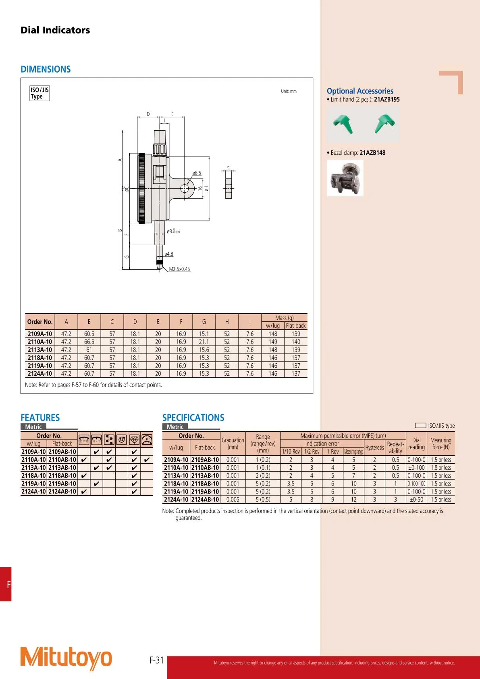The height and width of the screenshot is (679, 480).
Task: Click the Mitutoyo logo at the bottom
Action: coord(66,658)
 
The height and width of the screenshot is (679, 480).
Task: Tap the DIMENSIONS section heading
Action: coord(46,69)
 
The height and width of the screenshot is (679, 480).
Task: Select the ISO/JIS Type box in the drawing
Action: coord(39,93)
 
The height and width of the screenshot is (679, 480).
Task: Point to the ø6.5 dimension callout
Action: coord(197,173)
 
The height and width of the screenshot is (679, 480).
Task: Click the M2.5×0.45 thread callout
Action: coord(179,269)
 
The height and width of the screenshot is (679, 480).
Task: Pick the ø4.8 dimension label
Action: coord(169,254)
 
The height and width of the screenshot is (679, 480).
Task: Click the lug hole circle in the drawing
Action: coord(185,188)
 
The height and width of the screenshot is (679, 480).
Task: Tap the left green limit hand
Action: coord(343,123)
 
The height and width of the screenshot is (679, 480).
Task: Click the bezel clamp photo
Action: coord(345,178)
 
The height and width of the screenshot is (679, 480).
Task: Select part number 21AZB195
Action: coord(387,100)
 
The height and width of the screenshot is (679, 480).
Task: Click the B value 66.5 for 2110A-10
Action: coord(89,342)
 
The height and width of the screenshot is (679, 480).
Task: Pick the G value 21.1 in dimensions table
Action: coord(204,342)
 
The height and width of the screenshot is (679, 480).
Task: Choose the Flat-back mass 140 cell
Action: coord(296,342)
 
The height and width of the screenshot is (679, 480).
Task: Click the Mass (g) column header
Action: coord(284,318)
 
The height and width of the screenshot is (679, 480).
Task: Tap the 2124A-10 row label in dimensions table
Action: coord(40,374)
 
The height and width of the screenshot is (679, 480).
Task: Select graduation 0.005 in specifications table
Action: coord(233,500)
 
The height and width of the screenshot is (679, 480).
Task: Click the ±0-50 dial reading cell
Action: coord(416,500)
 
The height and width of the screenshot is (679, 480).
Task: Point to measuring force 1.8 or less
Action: coord(441,468)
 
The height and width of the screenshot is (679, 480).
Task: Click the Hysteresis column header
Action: coord(374,448)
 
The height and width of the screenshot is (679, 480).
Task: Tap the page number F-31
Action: coord(156,660)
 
